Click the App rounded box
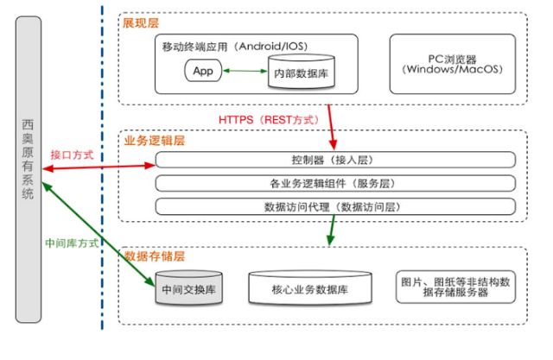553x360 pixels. (204, 70)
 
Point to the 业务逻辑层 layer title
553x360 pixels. (155, 140)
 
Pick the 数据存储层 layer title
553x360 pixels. (155, 256)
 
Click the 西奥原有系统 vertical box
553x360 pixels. (29, 167)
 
